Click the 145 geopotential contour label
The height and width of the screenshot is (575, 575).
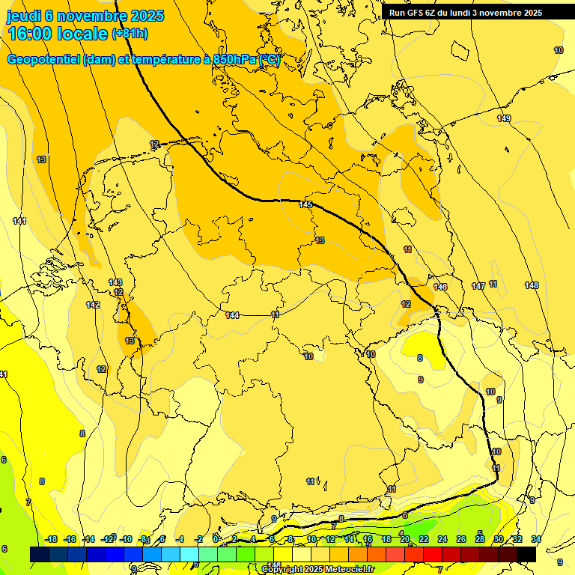click(x=305, y=204)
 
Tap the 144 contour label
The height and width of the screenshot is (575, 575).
click(x=233, y=315)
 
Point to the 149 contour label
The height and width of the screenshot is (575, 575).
click(x=504, y=119)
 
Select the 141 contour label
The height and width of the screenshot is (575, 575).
click(x=19, y=221)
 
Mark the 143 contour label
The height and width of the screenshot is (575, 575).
click(x=115, y=282)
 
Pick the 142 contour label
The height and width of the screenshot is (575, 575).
click(x=93, y=305)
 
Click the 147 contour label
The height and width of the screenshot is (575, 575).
click(x=478, y=287)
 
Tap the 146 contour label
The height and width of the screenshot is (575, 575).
click(x=440, y=287)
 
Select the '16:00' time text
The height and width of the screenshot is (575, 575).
click(x=33, y=34)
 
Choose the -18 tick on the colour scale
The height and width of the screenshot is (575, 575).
click(x=52, y=539)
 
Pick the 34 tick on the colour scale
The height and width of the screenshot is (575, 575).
click(x=536, y=539)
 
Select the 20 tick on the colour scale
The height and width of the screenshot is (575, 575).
click(x=405, y=539)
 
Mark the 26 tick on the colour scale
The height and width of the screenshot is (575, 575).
click(x=461, y=539)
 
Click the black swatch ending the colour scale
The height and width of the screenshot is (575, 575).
click(x=526, y=554)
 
